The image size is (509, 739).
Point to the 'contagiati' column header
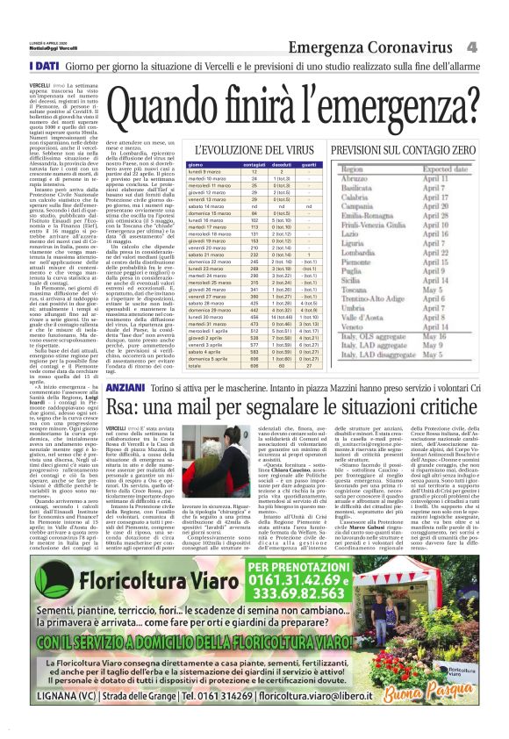pyautogui.click(x=254, y=165)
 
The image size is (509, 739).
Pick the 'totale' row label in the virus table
pyautogui.click(x=196, y=364)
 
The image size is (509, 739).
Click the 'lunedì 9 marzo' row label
pyautogui.click(x=204, y=171)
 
